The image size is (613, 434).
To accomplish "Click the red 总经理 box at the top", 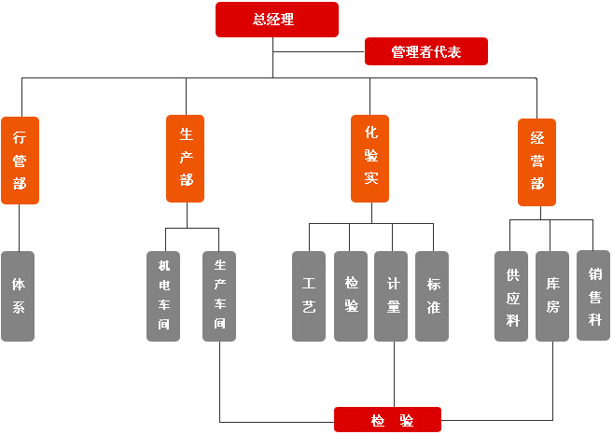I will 276,20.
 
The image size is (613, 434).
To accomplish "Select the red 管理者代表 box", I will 425,51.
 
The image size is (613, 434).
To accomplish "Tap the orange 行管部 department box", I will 20,160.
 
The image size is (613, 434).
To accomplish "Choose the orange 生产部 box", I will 186,159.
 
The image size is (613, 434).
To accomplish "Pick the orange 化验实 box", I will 369,159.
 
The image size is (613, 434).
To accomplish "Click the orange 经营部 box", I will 536,161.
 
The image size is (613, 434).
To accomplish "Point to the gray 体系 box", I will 19,296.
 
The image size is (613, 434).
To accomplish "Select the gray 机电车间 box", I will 163,296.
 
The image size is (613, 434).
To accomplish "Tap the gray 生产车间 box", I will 219,296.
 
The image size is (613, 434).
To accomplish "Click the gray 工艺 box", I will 309,296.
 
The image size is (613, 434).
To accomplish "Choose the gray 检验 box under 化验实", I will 351,296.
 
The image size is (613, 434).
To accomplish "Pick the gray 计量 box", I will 393,296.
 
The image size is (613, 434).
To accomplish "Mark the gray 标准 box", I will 433,296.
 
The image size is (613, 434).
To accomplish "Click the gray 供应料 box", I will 511,296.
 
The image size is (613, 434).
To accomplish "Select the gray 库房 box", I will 552,296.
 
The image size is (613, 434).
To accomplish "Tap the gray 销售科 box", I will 593,295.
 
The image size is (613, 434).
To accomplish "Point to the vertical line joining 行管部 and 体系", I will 20,227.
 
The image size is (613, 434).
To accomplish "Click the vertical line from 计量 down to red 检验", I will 393,373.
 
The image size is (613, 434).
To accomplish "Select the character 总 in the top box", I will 259,20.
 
